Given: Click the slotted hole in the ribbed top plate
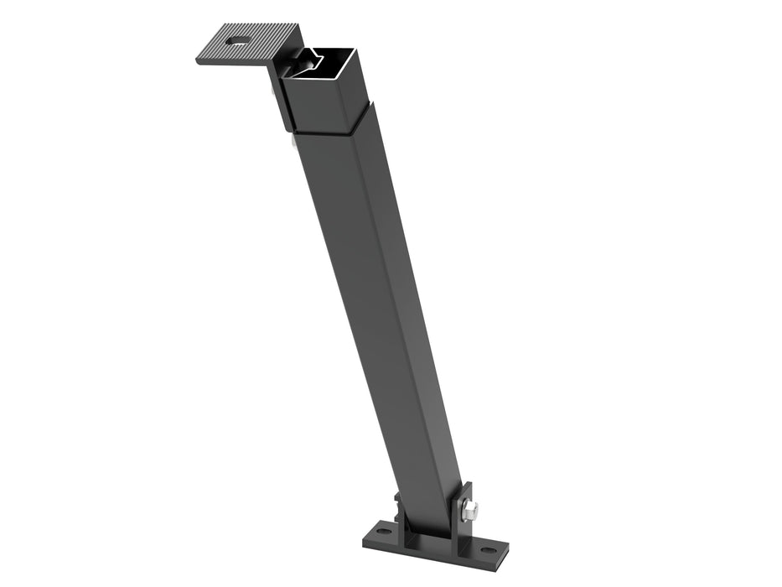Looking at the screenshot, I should (238, 39).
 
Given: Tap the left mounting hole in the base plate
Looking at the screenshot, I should (383, 532).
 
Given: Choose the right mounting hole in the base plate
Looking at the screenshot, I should (487, 551).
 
